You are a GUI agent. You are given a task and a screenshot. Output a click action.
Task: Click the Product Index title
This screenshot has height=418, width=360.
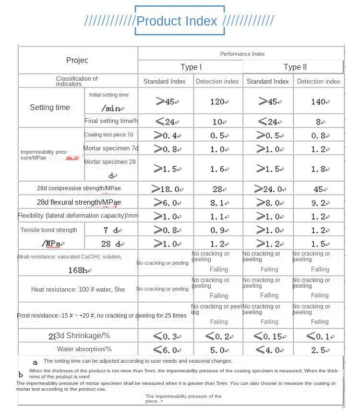177,21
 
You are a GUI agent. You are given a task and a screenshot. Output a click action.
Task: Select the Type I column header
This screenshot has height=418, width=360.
191,67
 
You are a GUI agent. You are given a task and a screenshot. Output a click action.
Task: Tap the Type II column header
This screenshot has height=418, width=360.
295,67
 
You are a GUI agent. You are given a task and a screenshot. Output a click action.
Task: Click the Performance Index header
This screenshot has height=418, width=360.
242,54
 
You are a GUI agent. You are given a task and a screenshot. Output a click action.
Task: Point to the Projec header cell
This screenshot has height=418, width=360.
77,60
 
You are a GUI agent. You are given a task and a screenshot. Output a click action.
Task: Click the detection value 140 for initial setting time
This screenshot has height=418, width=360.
318,102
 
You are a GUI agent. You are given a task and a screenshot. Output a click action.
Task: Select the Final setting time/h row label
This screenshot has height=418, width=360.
111,121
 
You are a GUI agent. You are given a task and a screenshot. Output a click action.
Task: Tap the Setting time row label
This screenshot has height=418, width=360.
50,107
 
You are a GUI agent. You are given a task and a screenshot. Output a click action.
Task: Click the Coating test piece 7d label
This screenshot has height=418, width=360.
108,135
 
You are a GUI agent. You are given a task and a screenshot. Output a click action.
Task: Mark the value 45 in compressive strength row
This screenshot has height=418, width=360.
319,189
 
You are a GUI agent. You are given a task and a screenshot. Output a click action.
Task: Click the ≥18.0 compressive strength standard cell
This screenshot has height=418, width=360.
166,189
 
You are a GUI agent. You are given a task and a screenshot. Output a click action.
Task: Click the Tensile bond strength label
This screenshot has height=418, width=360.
49,230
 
